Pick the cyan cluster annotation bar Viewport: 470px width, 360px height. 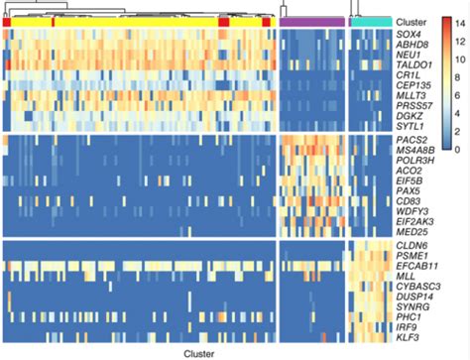pos(371,21)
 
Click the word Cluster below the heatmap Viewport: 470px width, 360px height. pos(202,352)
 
